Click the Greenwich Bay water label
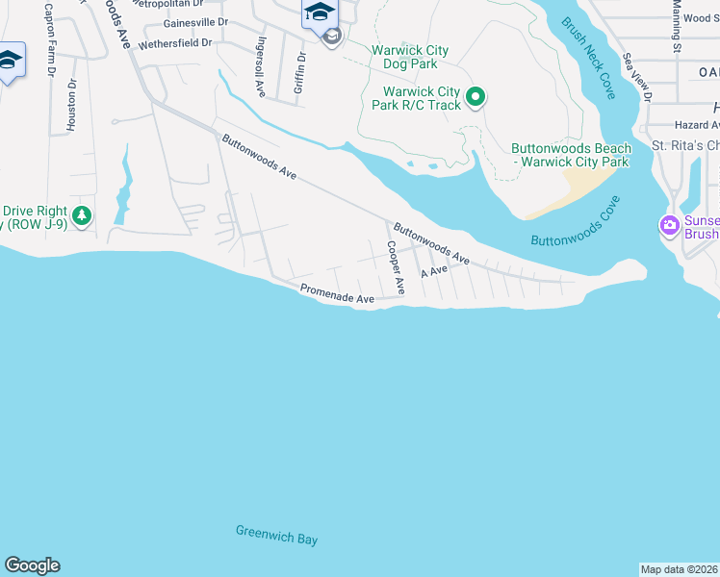click(276, 536)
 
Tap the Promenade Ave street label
click(337, 294)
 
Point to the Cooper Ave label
click(395, 268)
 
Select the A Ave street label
click(435, 272)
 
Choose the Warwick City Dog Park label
click(404, 56)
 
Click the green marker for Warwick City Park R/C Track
click(475, 96)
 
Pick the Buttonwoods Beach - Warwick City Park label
click(571, 155)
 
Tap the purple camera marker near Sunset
click(670, 226)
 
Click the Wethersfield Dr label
click(175, 44)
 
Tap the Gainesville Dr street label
click(196, 21)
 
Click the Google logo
click(32, 565)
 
